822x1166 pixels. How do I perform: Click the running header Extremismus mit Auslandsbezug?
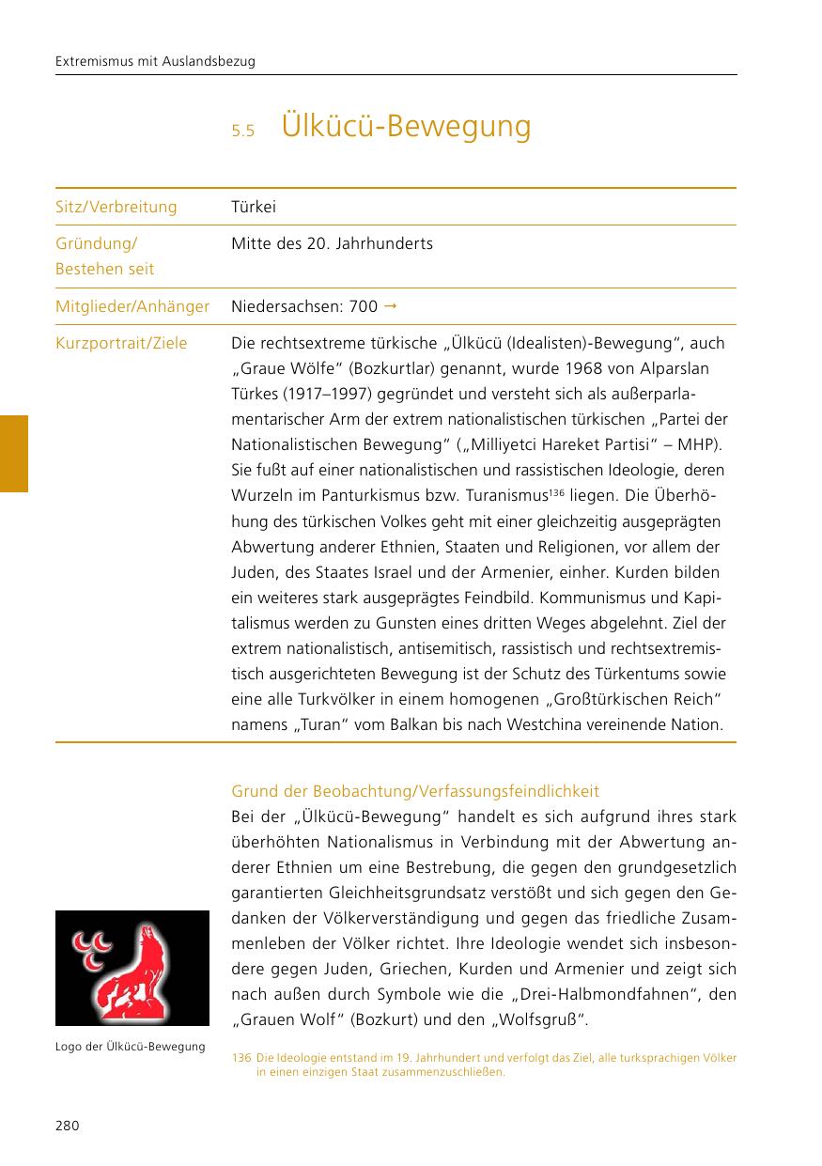[x=156, y=61]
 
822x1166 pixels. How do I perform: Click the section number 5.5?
[x=243, y=131]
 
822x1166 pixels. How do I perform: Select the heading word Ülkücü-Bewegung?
[x=406, y=126]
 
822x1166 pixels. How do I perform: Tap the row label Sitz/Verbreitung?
[x=116, y=207]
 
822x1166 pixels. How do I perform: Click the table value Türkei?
[x=254, y=207]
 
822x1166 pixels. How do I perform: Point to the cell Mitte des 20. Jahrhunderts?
[x=332, y=244]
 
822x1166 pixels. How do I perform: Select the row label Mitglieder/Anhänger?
[x=132, y=306]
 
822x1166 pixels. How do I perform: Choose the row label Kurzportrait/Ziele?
[x=121, y=344]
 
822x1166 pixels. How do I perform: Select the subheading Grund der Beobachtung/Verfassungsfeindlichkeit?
[x=415, y=791]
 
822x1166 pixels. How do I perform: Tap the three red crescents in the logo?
[x=89, y=944]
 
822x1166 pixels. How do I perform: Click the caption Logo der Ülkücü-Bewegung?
[x=131, y=1047]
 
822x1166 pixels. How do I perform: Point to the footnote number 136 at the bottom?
[x=240, y=1058]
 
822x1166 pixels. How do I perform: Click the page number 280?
[x=67, y=1126]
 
